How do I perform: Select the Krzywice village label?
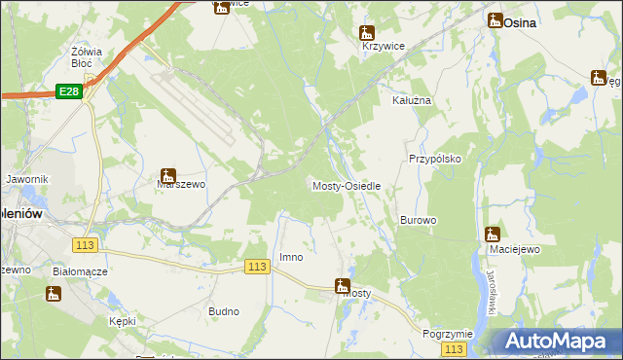[383, 46]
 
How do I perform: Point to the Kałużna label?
[411, 100]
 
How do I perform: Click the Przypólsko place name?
[434, 158]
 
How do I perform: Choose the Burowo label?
[418, 220]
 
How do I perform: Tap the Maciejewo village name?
[514, 249]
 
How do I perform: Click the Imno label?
[291, 257]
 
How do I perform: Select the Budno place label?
[224, 311]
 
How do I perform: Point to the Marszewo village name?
[181, 191]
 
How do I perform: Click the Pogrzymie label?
[448, 334]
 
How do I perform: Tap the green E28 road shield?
[68, 91]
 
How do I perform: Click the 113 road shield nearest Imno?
[257, 267]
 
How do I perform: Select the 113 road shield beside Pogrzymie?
[452, 348]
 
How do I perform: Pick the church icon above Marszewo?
[167, 176]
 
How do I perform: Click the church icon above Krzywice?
[368, 32]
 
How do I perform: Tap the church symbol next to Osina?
[495, 19]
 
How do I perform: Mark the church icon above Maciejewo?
[492, 234]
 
